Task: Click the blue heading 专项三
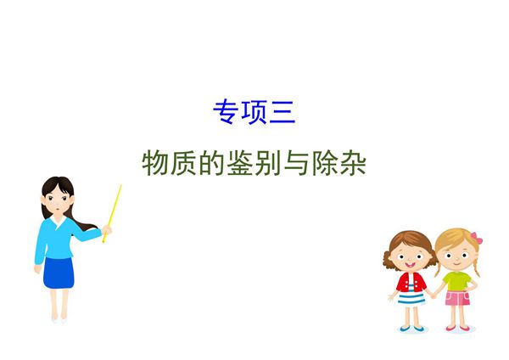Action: pyautogui.click(x=254, y=112)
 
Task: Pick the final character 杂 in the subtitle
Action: pyautogui.click(x=352, y=163)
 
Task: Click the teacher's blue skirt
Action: pyautogui.click(x=59, y=273)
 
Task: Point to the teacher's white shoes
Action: pyautogui.click(x=58, y=318)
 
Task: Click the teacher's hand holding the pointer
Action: pyautogui.click(x=106, y=229)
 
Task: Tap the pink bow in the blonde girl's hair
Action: pyautogui.click(x=477, y=239)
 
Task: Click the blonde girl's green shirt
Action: pyautogui.click(x=456, y=280)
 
